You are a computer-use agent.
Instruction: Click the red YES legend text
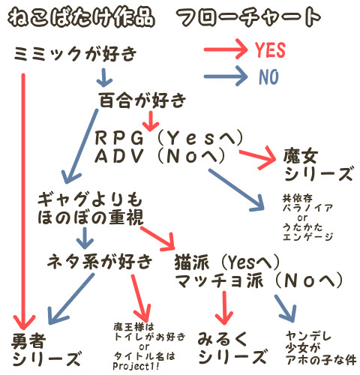coord(270,49)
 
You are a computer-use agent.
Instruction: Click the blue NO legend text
coord(268,76)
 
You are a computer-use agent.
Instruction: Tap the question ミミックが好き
coord(75,53)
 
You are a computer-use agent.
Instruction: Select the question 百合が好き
coord(142,100)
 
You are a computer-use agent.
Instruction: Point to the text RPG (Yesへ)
coord(169,138)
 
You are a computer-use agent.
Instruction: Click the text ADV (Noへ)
coord(160,155)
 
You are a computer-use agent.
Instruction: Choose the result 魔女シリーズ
coord(319,164)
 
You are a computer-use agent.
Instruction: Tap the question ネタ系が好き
coord(100,261)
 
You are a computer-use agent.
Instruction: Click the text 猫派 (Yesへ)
coord(226,262)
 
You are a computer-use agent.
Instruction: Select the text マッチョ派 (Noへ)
coord(259,280)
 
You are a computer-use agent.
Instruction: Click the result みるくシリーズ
coord(232,348)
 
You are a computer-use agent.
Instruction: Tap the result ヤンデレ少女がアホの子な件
coord(321,348)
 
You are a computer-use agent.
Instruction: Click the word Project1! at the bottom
coord(136,366)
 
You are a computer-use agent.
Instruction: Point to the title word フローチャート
coord(248,17)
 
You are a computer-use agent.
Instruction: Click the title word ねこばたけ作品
coord(81,17)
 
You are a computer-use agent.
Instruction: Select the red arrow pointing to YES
coord(226,49)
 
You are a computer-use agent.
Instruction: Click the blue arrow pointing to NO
coord(226,76)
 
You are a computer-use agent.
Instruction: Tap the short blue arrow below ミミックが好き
coord(104,77)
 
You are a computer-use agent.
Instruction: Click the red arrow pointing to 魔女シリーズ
coord(257,157)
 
